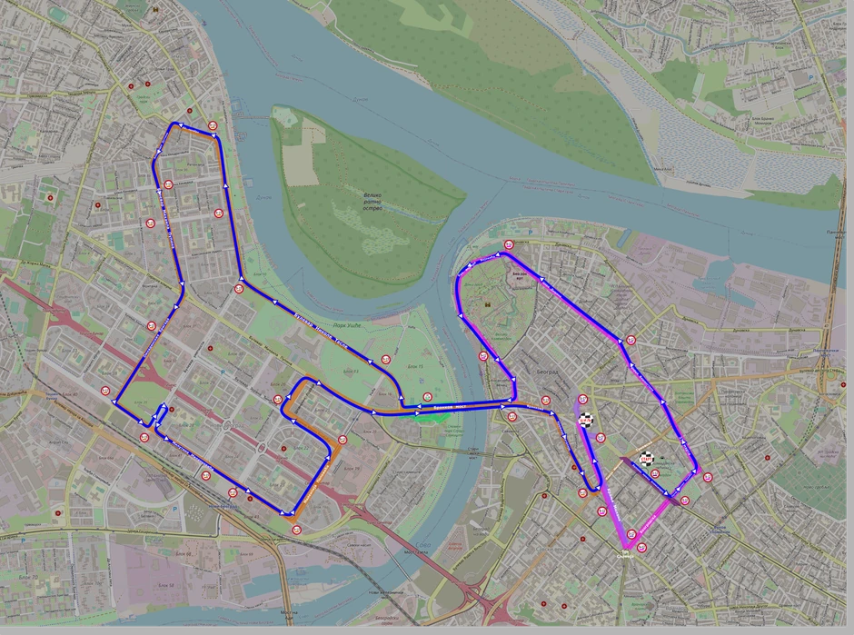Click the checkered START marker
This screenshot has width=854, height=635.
coord(647,460)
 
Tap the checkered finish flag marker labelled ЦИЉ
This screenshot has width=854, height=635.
coord(587,420)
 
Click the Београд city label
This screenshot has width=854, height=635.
coord(547,373)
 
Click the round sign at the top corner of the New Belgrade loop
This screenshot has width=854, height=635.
coord(212,125)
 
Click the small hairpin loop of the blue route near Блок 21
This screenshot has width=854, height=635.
coord(159,415)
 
